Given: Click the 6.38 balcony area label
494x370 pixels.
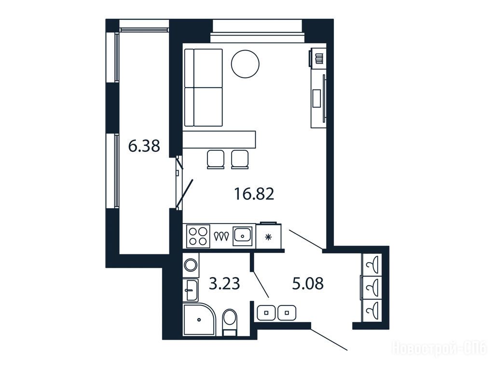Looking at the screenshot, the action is [144, 146].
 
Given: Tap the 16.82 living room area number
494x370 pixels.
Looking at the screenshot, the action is [254, 194].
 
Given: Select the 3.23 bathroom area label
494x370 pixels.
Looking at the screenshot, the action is [225, 284].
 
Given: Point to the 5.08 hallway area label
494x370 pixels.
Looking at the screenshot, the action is [308, 284].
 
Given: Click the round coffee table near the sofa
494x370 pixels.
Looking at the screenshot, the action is [245, 64].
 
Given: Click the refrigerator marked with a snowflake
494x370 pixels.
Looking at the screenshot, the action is [268, 237].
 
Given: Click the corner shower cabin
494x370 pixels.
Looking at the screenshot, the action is [199, 319].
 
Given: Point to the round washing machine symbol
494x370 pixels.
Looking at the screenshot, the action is [191, 264].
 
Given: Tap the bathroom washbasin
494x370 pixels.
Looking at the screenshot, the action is [191, 290].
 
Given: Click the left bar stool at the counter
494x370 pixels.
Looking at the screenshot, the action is [216, 159].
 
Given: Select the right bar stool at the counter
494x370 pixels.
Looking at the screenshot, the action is [240, 159].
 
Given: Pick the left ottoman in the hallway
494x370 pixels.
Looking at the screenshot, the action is [266, 313].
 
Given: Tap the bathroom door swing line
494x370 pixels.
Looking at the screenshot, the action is [261, 284].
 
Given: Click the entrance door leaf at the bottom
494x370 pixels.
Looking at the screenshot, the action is [329, 340].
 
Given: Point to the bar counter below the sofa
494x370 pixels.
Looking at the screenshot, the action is [220, 140].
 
